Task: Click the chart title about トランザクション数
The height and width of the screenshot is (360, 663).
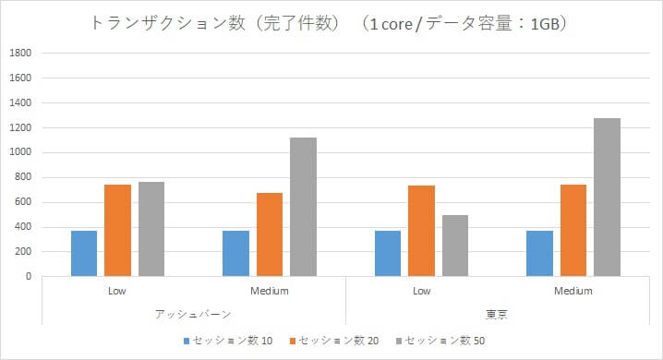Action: (331, 24)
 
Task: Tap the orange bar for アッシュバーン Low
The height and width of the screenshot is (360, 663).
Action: (117, 230)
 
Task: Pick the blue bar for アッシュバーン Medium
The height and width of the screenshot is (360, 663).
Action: (235, 253)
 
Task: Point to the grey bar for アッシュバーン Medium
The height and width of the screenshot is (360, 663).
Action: (303, 207)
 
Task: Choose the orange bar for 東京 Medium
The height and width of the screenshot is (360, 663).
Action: (573, 230)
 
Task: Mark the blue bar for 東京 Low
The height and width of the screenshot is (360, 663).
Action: (388, 253)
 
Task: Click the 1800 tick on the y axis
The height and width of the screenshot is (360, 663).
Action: (20, 54)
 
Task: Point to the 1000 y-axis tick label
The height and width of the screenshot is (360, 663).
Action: (20, 153)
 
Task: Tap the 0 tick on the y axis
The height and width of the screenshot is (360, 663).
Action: (29, 277)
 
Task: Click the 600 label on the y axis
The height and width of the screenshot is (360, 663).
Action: (23, 202)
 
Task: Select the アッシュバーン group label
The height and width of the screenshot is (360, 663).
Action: (194, 314)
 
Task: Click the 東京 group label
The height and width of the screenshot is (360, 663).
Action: (497, 314)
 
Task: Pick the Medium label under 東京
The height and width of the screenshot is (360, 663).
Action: (573, 292)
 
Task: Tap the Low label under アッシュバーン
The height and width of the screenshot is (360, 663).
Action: (117, 292)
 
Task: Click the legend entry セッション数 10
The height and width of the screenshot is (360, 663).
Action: (232, 342)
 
